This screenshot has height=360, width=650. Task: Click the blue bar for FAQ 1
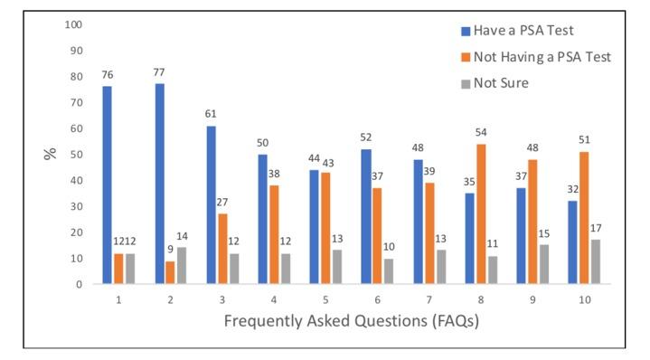(x=107, y=185)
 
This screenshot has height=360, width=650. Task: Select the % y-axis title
(x=49, y=154)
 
